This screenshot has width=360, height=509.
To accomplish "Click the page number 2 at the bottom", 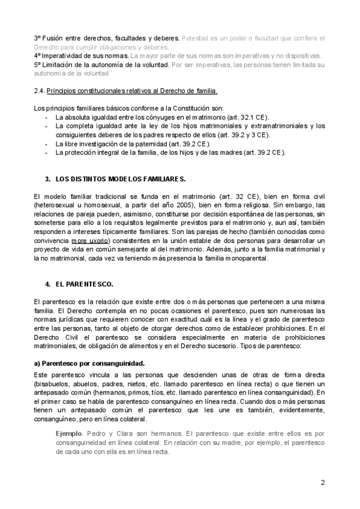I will click(323, 483).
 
